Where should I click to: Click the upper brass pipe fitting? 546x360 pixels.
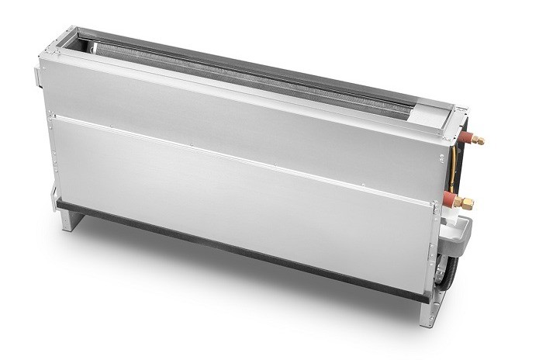point(478,140)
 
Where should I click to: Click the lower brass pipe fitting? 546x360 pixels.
point(467,203)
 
